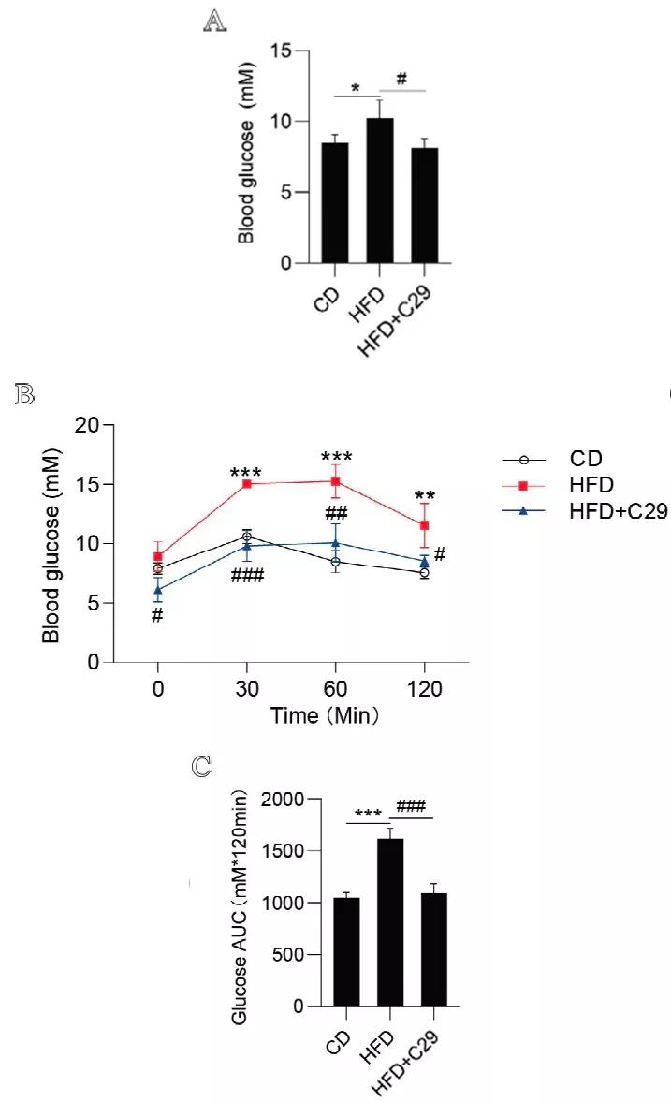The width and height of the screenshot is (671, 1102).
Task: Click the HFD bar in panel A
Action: [379, 191]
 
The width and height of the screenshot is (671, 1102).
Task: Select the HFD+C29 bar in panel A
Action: [423, 205]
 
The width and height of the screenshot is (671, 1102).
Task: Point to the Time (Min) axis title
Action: [325, 717]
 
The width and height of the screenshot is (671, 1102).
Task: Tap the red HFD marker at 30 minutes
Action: [246, 484]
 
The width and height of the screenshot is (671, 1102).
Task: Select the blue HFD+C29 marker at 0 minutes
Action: [158, 590]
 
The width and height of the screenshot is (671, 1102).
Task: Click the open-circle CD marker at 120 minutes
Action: [425, 572]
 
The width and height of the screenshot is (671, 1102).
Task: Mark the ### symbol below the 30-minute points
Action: [247, 574]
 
